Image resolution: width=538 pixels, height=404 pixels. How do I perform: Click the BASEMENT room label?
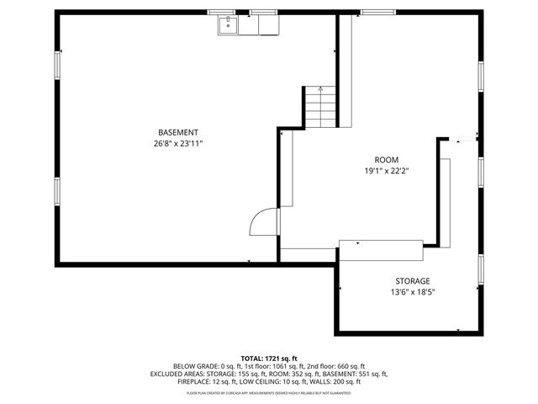coord(178,132)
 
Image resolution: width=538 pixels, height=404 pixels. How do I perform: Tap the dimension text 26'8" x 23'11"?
coord(178,144)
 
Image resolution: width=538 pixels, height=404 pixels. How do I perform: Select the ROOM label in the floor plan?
coord(387,160)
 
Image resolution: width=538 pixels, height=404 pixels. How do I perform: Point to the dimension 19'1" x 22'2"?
coord(387,171)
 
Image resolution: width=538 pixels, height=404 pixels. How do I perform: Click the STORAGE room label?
coord(413,281)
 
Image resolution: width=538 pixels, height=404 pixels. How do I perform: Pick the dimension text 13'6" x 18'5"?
coord(413,292)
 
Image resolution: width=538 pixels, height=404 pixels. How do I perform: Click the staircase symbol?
coord(319,107)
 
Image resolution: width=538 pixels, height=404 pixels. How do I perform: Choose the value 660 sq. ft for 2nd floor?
coord(346,367)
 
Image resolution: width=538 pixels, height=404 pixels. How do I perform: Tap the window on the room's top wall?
coord(373,13)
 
